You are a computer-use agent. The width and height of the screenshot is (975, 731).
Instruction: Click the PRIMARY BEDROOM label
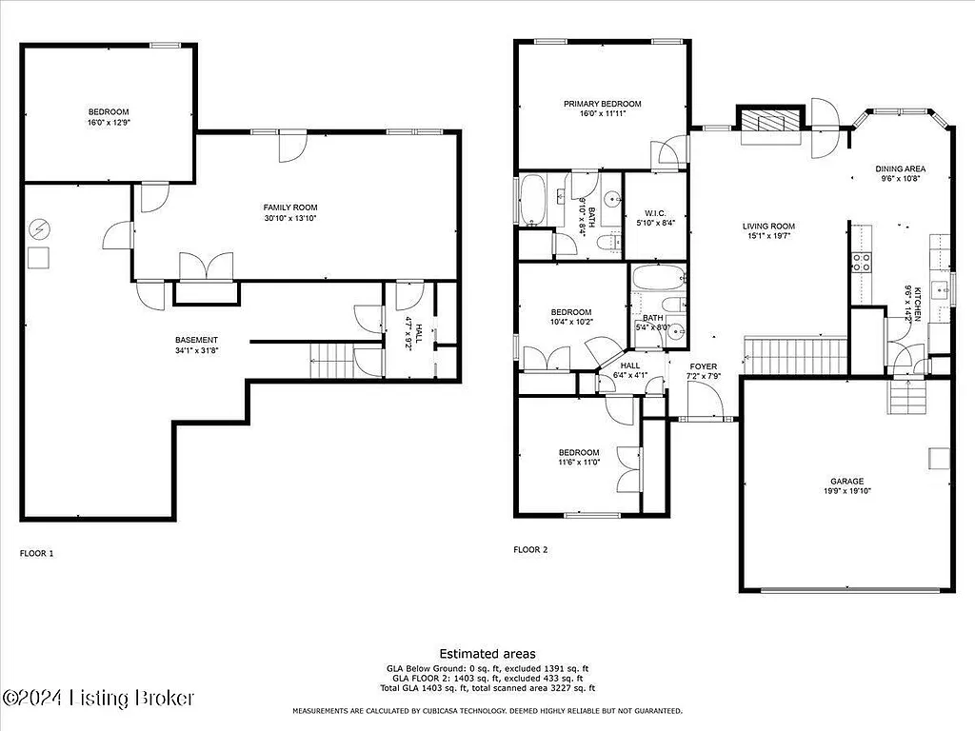click(602, 104)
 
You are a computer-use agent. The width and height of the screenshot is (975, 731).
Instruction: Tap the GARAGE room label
click(846, 482)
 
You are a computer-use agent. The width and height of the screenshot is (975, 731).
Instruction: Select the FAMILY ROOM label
click(290, 207)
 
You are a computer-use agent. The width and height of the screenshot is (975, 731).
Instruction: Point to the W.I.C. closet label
click(654, 212)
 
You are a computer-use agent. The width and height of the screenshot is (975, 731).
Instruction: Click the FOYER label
click(704, 366)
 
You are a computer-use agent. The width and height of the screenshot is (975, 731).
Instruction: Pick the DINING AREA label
click(901, 169)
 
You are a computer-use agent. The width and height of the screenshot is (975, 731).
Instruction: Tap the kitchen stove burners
click(861, 262)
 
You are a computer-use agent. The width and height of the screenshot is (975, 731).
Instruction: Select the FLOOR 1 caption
click(37, 552)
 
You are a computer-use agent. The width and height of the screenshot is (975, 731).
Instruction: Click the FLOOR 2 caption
click(530, 549)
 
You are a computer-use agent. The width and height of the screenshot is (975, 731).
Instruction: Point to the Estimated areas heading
click(487, 654)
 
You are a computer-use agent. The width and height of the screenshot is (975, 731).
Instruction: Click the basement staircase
click(331, 361)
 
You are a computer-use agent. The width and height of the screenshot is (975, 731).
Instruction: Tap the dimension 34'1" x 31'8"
click(196, 351)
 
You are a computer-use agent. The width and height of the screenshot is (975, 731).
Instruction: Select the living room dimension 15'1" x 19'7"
click(768, 237)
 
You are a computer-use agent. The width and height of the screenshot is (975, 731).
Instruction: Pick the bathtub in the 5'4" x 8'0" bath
click(658, 280)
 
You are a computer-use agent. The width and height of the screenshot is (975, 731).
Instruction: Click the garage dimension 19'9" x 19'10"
click(846, 491)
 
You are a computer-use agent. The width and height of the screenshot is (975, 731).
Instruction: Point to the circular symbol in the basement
click(38, 229)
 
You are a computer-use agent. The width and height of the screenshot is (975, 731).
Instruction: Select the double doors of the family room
click(206, 267)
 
